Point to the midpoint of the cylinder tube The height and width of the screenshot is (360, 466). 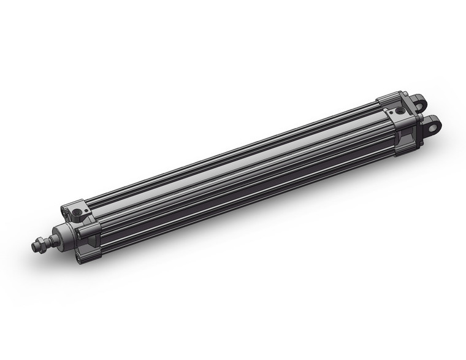239,178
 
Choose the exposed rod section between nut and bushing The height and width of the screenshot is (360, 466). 50,239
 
